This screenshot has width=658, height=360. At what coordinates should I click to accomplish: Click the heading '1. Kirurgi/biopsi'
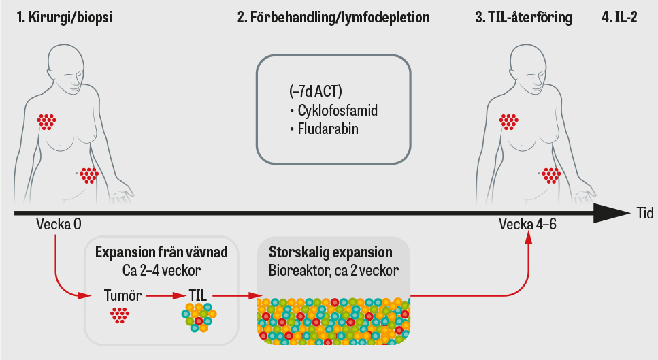click(x=65, y=18)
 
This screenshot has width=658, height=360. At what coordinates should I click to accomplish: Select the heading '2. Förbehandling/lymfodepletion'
click(x=333, y=18)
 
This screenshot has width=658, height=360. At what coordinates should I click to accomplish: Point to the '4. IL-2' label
click(x=619, y=18)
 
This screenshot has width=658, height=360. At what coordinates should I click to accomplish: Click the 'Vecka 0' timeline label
click(x=59, y=225)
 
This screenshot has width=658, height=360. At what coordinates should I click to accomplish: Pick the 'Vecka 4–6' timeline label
click(x=527, y=225)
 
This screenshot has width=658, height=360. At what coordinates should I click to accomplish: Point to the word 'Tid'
click(x=644, y=213)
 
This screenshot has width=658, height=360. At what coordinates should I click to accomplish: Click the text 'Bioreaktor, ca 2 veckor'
click(x=333, y=269)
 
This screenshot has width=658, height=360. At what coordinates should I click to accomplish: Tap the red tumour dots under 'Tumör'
click(x=120, y=315)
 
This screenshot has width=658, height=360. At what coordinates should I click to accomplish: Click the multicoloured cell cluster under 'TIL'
click(x=199, y=316)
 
